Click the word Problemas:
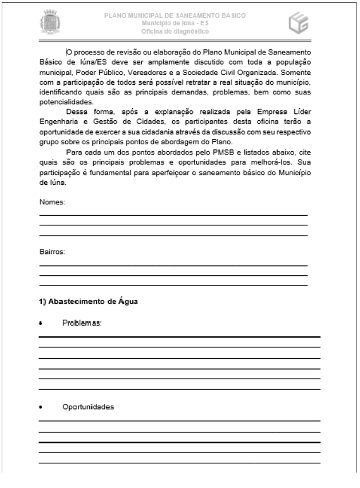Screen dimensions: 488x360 (82, 323)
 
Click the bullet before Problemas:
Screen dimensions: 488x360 (41, 324)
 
